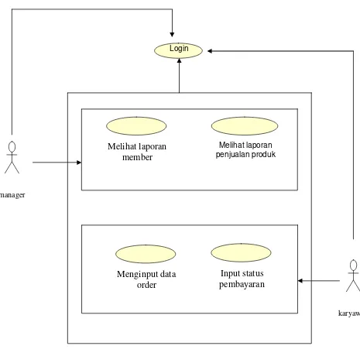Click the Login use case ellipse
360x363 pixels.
(x=178, y=50)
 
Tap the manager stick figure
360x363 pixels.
(x=12, y=157)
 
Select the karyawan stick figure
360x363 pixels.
(x=353, y=276)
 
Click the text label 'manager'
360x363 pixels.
(x=12, y=195)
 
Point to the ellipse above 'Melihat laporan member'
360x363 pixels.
(x=136, y=126)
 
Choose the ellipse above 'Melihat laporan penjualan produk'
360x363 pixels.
(x=245, y=126)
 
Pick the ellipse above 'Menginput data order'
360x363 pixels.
(x=146, y=254)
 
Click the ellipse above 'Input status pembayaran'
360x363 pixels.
(x=241, y=252)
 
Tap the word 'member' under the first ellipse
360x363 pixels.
(x=137, y=157)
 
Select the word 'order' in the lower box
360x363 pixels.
(x=146, y=285)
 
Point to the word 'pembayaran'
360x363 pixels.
(x=242, y=284)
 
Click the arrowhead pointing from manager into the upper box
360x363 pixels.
(x=79, y=163)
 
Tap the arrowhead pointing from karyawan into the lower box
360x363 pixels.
(x=300, y=280)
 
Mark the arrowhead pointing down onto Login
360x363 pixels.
(x=172, y=35)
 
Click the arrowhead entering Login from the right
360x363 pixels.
(x=210, y=51)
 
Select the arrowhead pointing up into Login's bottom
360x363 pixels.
(x=179, y=61)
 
